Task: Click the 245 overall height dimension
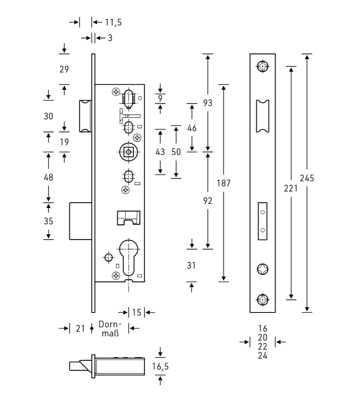pyautogui.click(x=307, y=178)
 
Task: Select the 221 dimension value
pyautogui.click(x=291, y=188)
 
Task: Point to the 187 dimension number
pyautogui.click(x=223, y=183)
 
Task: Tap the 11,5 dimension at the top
pyautogui.click(x=113, y=22)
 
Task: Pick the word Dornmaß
pyautogui.click(x=110, y=329)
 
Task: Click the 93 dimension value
pyautogui.click(x=208, y=103)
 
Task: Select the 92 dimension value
pyautogui.click(x=208, y=201)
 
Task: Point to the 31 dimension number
pyautogui.click(x=191, y=265)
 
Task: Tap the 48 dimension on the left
pyautogui.click(x=49, y=177)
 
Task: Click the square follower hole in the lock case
pyautogui.click(x=128, y=152)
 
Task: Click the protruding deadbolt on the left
pyautogui.click(x=81, y=220)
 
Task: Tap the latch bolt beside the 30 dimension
pyautogui.click(x=85, y=116)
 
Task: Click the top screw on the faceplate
pyautogui.click(x=263, y=66)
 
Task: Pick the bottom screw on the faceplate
pyautogui.click(x=263, y=300)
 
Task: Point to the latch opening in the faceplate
pyautogui.click(x=263, y=116)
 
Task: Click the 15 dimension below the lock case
pyautogui.click(x=137, y=312)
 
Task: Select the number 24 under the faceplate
pyautogui.click(x=263, y=356)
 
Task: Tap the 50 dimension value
pyautogui.click(x=176, y=152)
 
